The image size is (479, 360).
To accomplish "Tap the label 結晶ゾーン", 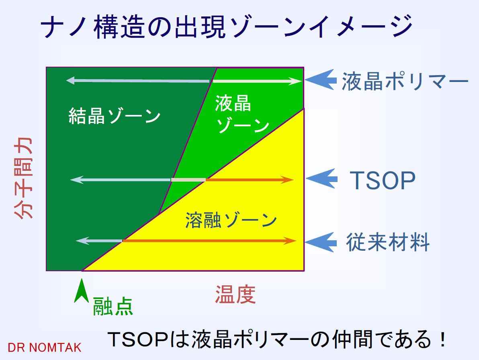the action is [x=115, y=116].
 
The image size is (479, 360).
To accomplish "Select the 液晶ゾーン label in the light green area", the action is [x=242, y=114].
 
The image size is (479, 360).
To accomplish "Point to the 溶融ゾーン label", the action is [x=231, y=220].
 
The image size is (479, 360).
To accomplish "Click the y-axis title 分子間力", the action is [x=24, y=178].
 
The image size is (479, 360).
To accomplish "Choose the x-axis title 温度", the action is [x=235, y=295].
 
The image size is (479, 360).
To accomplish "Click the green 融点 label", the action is [x=113, y=306].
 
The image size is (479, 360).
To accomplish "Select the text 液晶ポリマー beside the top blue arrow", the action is [x=405, y=82].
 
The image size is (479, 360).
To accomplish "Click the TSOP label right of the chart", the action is [x=383, y=180].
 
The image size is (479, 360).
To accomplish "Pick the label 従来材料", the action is [x=388, y=242].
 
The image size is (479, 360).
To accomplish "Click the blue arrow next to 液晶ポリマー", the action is [x=321, y=80].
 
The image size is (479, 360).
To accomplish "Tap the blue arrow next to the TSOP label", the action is [x=321, y=179].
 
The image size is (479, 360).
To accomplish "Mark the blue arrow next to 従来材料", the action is [x=321, y=242].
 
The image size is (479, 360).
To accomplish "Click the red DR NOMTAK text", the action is [x=45, y=348].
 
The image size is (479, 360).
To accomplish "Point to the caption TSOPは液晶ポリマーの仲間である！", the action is [x=277, y=339].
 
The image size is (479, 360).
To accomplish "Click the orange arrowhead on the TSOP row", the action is [x=287, y=180].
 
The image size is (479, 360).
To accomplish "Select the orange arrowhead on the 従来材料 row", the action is [x=290, y=241].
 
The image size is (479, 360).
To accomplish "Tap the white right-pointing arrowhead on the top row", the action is [x=295, y=81].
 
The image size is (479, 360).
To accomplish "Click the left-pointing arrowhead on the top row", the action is [x=70, y=81].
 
